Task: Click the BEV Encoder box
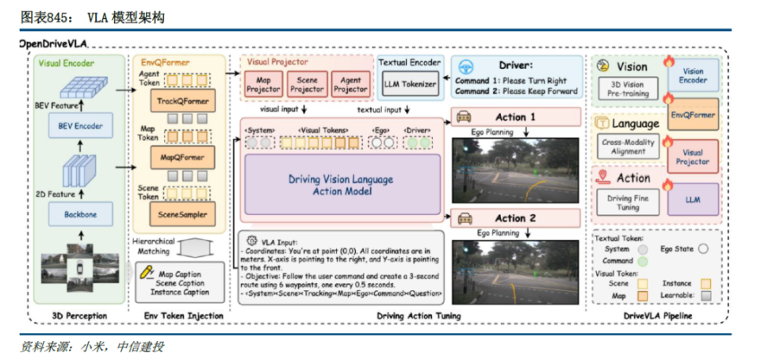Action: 80,125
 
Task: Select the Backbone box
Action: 80,213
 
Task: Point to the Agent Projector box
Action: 350,84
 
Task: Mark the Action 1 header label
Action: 515,117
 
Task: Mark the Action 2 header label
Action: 515,217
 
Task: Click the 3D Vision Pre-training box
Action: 628,89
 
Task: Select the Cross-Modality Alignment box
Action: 628,145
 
